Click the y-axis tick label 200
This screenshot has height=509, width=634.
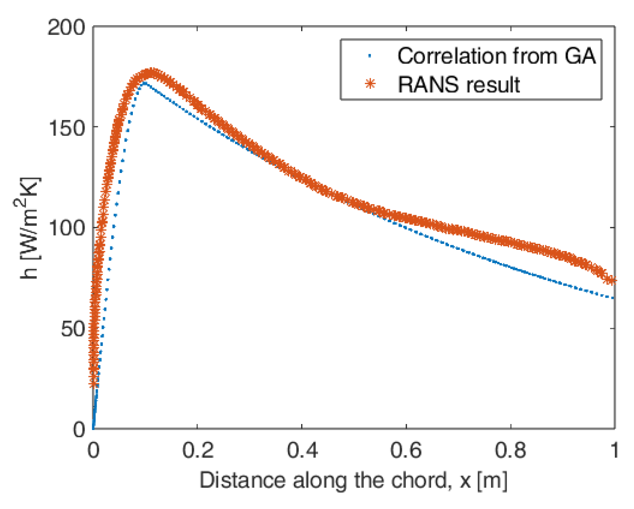click(66, 28)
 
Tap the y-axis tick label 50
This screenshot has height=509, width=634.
click(73, 329)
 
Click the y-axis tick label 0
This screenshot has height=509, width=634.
click(79, 429)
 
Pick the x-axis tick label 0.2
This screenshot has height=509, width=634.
click(197, 450)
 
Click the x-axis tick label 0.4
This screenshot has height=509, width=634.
click(302, 450)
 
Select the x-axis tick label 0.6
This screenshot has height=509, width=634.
click(406, 450)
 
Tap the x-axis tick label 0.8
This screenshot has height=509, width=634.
click(510, 450)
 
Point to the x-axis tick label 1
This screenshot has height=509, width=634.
click(614, 450)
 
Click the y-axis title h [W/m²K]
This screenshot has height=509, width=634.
click(30, 228)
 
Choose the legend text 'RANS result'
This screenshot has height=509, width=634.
click(459, 85)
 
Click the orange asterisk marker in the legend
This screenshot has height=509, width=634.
click(370, 84)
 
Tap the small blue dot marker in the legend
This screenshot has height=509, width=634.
click(370, 56)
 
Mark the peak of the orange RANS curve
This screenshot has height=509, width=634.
click(150, 73)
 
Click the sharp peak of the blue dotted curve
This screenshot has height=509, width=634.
click(145, 82)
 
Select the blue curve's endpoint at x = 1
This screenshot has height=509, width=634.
click(613, 298)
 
